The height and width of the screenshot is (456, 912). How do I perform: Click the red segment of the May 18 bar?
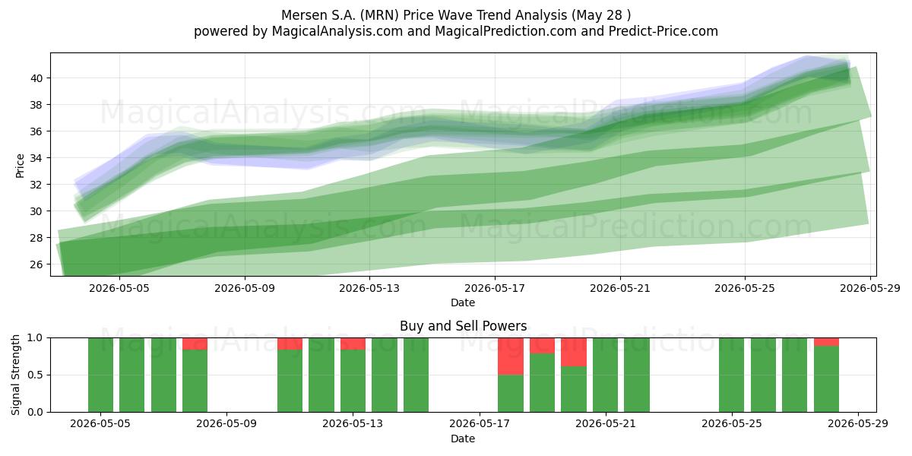point(511,356)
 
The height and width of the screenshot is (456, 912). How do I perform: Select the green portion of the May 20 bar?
point(574,389)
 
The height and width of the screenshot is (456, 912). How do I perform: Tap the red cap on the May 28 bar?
point(827,342)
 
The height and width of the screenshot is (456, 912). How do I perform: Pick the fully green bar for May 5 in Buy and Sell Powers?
point(100,375)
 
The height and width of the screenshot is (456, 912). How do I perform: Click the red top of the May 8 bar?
point(195,344)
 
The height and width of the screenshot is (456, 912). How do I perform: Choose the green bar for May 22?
point(637,375)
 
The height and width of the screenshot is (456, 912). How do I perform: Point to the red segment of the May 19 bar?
point(543,346)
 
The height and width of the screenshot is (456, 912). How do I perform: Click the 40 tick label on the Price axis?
point(36,78)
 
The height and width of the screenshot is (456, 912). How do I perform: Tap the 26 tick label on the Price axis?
point(36,264)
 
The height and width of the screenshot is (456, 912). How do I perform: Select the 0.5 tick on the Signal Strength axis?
point(35,375)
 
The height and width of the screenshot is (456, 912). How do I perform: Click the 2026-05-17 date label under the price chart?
point(495,288)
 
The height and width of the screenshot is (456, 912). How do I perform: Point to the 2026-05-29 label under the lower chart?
point(858,424)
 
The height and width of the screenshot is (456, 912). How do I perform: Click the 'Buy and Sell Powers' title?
point(464,326)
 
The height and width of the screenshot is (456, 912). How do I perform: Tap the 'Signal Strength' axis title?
point(15,375)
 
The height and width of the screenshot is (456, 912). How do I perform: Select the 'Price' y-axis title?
point(20,166)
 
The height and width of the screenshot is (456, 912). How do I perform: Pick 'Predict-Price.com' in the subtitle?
point(663,31)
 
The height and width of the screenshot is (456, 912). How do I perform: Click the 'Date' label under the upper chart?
point(463,302)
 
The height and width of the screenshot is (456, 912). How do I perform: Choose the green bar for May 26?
point(763,375)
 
